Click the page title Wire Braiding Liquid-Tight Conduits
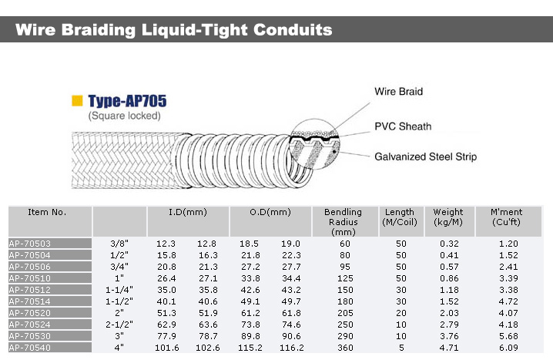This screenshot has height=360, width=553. click(x=175, y=30)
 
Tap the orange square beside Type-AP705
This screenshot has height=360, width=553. click(x=77, y=101)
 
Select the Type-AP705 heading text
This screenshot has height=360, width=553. click(x=127, y=101)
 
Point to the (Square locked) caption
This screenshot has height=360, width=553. click(x=123, y=116)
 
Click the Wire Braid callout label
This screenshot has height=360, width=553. click(x=398, y=92)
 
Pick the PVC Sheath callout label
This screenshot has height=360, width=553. click(x=403, y=126)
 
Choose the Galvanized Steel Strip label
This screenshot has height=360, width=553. click(x=425, y=156)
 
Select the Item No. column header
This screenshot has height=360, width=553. click(x=48, y=212)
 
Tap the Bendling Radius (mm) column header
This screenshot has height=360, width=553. click(x=343, y=221)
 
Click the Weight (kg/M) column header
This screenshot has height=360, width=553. click(x=448, y=217)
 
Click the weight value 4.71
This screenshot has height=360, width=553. click(x=448, y=348)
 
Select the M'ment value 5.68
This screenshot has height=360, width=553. click(x=508, y=336)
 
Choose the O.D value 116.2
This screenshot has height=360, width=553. click(x=291, y=348)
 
